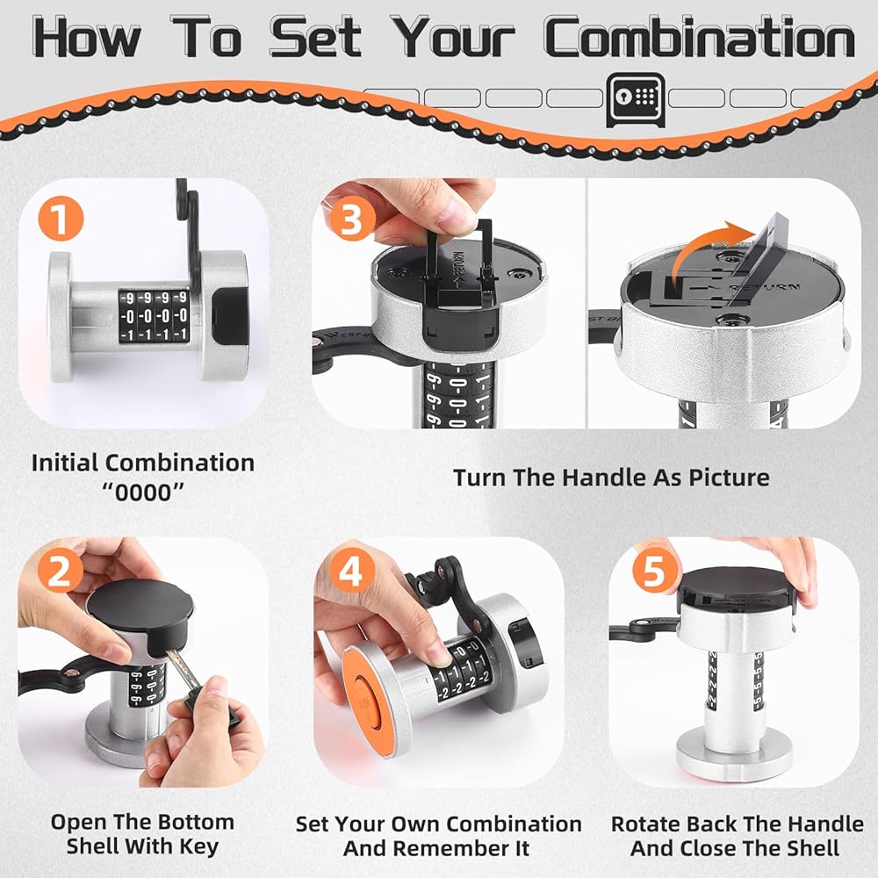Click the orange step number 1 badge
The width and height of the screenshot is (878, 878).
tap(61, 219)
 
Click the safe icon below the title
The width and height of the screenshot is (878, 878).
tap(636, 99)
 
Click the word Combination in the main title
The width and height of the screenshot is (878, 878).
tap(699, 37)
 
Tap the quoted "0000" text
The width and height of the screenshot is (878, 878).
tap(143, 493)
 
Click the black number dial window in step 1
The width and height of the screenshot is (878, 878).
tap(154, 316)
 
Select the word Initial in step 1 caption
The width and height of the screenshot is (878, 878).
tap(65, 463)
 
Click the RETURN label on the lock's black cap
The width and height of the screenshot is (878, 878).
tap(765, 287)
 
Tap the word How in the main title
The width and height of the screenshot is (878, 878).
tap(87, 37)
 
